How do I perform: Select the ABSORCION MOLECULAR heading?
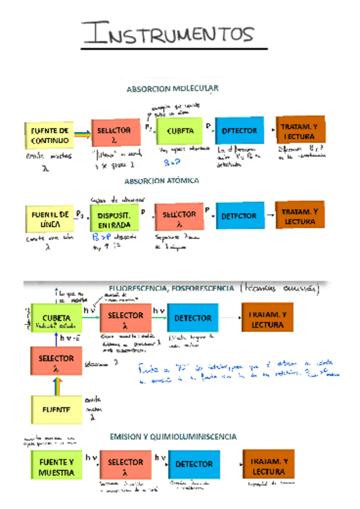[x=172, y=88]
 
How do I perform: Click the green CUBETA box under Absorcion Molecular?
[x=179, y=130]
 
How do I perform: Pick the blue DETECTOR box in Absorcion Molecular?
[x=239, y=130]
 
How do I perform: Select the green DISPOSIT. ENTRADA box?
[x=113, y=218]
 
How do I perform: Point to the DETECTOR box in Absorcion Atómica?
[x=239, y=215]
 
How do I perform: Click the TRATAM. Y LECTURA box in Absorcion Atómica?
[x=300, y=216]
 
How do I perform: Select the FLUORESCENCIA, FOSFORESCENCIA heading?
[x=172, y=288]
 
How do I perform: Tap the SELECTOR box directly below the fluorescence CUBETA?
[x=56, y=362]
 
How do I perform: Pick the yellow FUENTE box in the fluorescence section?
[x=56, y=410]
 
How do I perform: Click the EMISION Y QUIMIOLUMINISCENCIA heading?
[x=173, y=436]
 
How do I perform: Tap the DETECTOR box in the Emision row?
[x=194, y=464]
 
